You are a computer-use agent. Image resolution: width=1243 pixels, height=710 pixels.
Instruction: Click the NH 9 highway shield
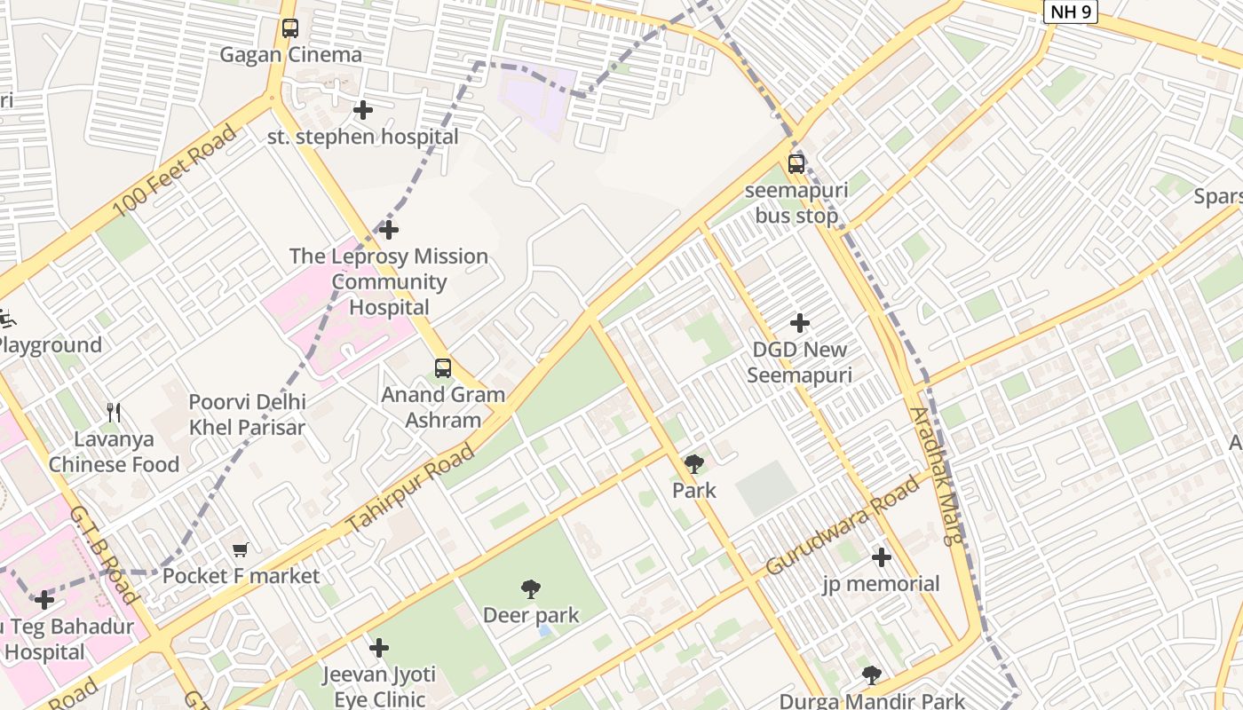(x=1070, y=12)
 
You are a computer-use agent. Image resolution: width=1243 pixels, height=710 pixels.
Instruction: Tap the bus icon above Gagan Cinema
(x=290, y=28)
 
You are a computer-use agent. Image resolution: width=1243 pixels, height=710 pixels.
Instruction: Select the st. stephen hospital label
(x=363, y=137)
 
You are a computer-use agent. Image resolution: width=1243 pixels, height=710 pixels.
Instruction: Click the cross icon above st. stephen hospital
(x=363, y=110)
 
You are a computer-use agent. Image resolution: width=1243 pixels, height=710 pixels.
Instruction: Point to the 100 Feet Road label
(x=175, y=171)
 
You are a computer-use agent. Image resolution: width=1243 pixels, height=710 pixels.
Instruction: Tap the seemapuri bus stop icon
(x=796, y=163)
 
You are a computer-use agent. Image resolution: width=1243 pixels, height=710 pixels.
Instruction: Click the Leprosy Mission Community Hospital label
(x=389, y=281)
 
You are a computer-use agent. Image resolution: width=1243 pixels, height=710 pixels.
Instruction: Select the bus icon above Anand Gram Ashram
(x=442, y=367)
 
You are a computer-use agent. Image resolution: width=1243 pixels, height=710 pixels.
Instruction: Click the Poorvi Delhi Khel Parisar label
(x=247, y=414)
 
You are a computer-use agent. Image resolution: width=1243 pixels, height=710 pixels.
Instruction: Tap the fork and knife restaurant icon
(x=114, y=413)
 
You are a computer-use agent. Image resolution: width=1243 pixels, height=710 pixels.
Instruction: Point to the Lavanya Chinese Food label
(x=114, y=451)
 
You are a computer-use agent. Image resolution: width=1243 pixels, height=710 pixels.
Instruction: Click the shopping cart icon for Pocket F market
(x=241, y=549)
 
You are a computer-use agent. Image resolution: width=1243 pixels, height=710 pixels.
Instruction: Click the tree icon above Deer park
(x=531, y=588)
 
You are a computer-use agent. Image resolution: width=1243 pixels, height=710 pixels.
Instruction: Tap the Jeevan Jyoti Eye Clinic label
(x=379, y=686)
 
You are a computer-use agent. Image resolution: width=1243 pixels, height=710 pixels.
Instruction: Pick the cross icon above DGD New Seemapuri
(x=800, y=323)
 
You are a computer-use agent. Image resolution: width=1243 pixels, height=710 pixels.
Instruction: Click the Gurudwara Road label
(x=843, y=525)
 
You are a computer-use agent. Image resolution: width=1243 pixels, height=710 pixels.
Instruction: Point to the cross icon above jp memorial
(x=881, y=557)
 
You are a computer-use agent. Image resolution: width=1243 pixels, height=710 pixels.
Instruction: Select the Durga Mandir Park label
(x=872, y=700)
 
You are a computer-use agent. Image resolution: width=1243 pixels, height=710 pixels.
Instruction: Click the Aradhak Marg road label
(x=937, y=475)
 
